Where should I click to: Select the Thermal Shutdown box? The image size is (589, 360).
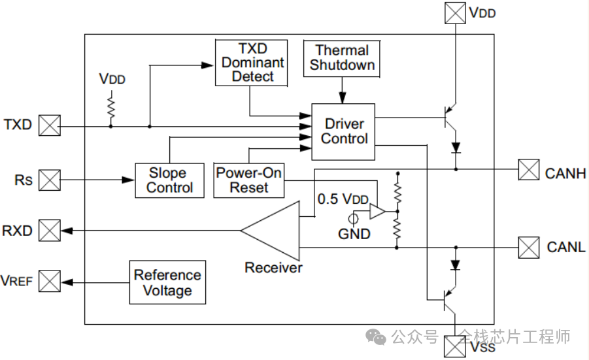(x=342, y=57)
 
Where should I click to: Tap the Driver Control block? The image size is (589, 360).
(x=344, y=131)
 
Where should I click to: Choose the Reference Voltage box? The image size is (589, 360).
(x=167, y=283)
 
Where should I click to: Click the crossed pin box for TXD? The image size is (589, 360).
(x=50, y=125)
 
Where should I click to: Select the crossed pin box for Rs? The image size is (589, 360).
(x=50, y=180)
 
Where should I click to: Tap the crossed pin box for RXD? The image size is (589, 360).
(x=50, y=230)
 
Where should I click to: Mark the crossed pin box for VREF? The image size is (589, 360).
(x=50, y=282)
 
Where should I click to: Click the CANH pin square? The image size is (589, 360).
(x=528, y=170)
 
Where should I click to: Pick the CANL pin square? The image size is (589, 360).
(x=528, y=248)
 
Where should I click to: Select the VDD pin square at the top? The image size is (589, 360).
(x=454, y=13)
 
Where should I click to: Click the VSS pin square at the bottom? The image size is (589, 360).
(x=454, y=346)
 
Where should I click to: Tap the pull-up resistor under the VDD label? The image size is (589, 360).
(x=110, y=105)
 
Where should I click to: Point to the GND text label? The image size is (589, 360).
(x=354, y=234)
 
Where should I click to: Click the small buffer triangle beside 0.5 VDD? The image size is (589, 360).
(x=378, y=212)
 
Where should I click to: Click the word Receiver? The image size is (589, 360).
(x=273, y=268)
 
